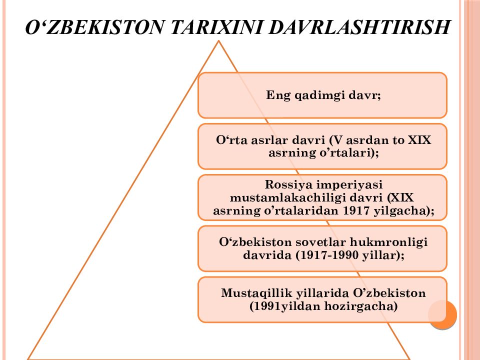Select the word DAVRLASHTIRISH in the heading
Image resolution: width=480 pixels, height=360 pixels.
[x=359, y=26]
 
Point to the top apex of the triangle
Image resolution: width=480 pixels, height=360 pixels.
[x=218, y=41]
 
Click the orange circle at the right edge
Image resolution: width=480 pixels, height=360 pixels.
[x=443, y=314]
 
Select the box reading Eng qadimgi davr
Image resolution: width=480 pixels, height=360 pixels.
[x=322, y=95]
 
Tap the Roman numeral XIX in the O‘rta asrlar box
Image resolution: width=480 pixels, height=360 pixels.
[x=419, y=140]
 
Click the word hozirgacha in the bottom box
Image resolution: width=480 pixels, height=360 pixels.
[x=366, y=306]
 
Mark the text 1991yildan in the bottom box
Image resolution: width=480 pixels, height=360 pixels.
[x=289, y=306]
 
